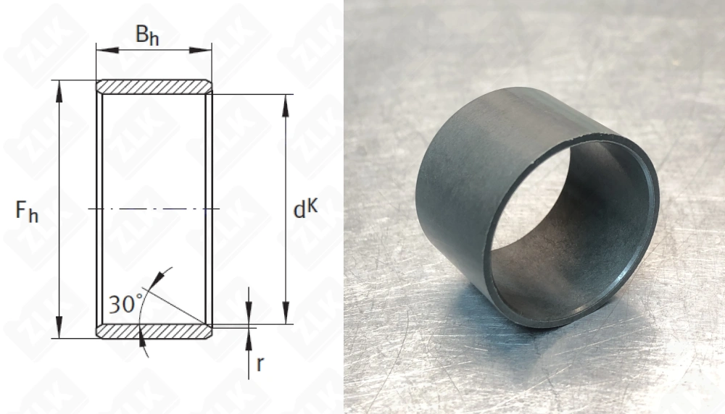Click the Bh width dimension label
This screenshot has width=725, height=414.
tap(147, 35)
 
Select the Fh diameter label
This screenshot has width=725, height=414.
tap(27, 211)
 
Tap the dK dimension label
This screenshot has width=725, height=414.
tap(306, 208)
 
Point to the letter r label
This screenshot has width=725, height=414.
tap(260, 364)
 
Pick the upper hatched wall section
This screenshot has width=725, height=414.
tap(154, 87)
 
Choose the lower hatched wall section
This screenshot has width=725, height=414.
tap(154, 331)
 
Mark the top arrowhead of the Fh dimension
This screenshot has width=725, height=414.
tap(59, 91)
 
